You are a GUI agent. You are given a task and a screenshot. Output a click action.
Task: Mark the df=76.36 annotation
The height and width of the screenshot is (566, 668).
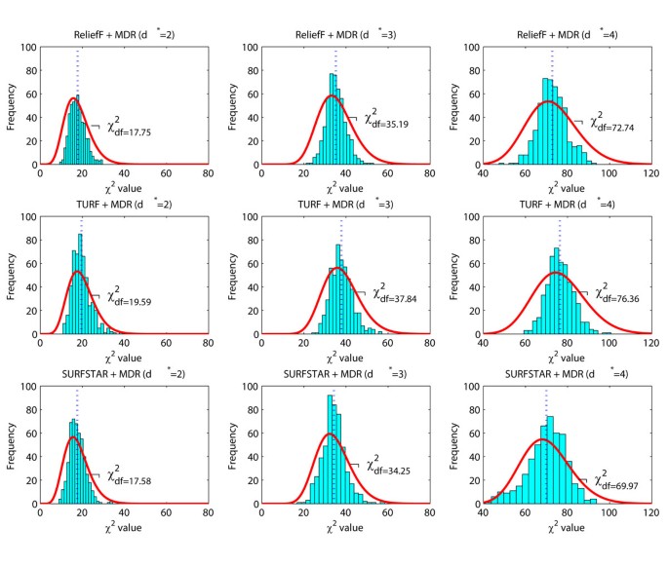[x=614, y=292]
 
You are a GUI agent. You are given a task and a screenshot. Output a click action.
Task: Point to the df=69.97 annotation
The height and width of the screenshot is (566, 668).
[x=620, y=481]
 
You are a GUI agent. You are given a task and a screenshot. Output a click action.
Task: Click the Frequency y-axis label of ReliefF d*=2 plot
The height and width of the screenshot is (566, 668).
[x=12, y=106]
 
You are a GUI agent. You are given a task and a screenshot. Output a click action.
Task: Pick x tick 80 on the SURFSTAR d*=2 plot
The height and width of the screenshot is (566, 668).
[x=208, y=512]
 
